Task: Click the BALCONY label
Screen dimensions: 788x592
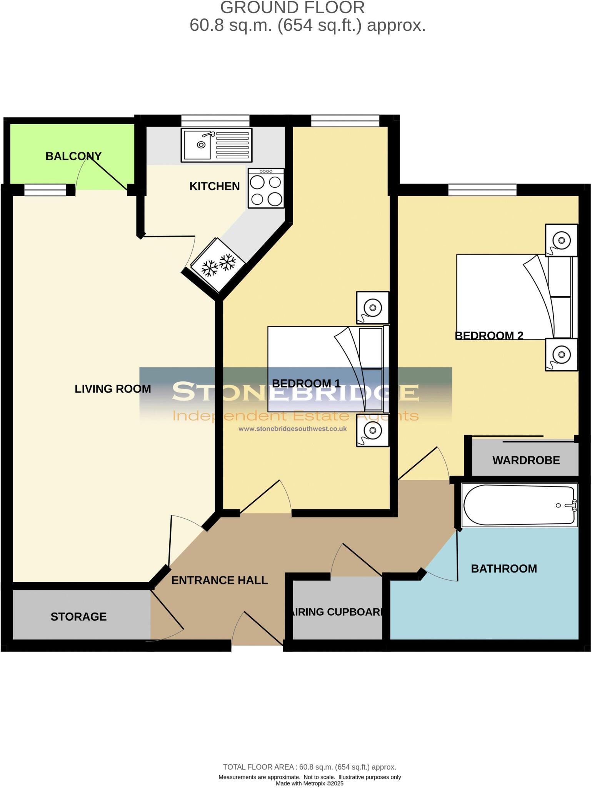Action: click(73, 156)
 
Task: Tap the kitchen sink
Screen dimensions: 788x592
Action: click(217, 145)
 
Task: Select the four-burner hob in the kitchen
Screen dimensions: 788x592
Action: click(266, 188)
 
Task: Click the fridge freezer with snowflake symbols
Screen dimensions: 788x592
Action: click(218, 265)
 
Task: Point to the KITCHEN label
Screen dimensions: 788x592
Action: click(214, 186)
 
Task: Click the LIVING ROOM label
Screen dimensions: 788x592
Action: click(113, 389)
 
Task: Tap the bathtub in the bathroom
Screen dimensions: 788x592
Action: click(519, 505)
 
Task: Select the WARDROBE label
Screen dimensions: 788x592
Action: click(526, 460)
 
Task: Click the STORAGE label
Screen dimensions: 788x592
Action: click(78, 617)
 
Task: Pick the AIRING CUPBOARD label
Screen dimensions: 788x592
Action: click(337, 612)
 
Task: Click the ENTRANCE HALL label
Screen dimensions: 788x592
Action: click(219, 580)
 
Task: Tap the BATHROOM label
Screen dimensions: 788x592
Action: click(504, 569)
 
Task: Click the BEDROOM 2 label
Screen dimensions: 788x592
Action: click(489, 336)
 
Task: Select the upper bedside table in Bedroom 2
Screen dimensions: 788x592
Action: click(561, 240)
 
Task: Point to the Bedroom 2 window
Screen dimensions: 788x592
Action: click(482, 189)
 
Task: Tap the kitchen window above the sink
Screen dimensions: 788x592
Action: click(215, 120)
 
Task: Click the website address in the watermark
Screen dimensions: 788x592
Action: click(292, 429)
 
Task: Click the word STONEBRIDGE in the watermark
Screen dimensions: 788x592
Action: click(295, 392)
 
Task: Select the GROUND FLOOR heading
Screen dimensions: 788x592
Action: click(292, 8)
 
